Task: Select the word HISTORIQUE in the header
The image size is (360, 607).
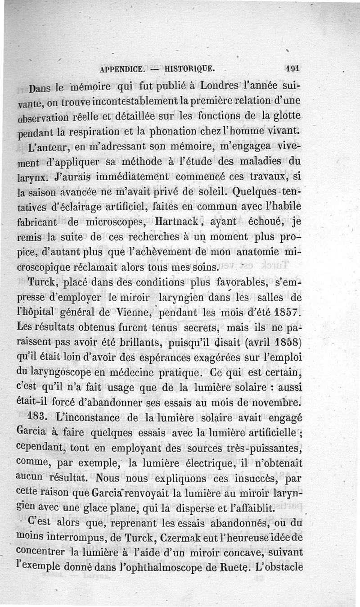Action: point(190,69)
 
